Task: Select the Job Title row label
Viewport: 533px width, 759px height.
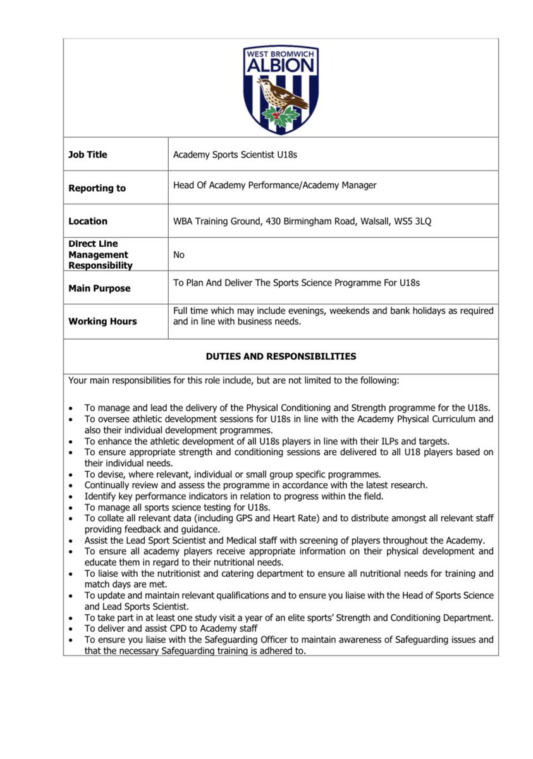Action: (87, 154)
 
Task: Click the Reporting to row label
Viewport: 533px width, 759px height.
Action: (97, 188)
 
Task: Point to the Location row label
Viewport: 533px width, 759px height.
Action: (88, 221)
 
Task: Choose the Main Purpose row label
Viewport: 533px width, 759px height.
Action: (99, 288)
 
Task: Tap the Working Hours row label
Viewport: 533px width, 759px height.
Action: (102, 321)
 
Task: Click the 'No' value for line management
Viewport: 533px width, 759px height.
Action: (179, 254)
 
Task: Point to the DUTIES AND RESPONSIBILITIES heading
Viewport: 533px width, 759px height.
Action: (281, 356)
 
